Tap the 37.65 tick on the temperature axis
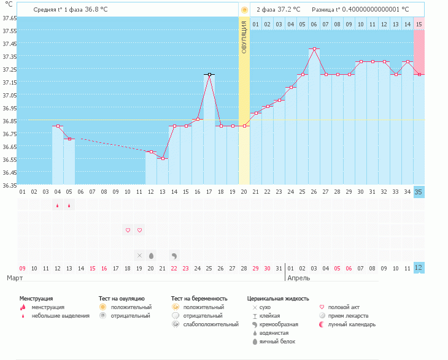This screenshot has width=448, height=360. [x=9, y=18]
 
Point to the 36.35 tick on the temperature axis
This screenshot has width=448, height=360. [x=9, y=185]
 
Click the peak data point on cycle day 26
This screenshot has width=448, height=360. [x=314, y=49]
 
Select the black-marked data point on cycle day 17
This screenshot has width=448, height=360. [x=209, y=74]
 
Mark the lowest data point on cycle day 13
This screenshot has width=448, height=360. [x=163, y=159]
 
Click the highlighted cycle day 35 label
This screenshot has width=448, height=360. [x=419, y=191]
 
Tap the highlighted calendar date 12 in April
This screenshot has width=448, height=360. [x=419, y=267]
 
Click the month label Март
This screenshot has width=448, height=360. [x=15, y=278]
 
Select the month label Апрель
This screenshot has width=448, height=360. [x=298, y=278]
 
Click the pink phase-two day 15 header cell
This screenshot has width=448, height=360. [x=419, y=24]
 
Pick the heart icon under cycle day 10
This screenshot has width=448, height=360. [x=128, y=231]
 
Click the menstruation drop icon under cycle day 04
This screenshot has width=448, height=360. [x=58, y=205]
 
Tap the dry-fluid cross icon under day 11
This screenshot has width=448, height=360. [x=139, y=255]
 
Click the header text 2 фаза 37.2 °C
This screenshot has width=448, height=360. [x=279, y=10]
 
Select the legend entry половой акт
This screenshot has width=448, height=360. [x=343, y=307]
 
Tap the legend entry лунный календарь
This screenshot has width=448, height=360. [x=352, y=324]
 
